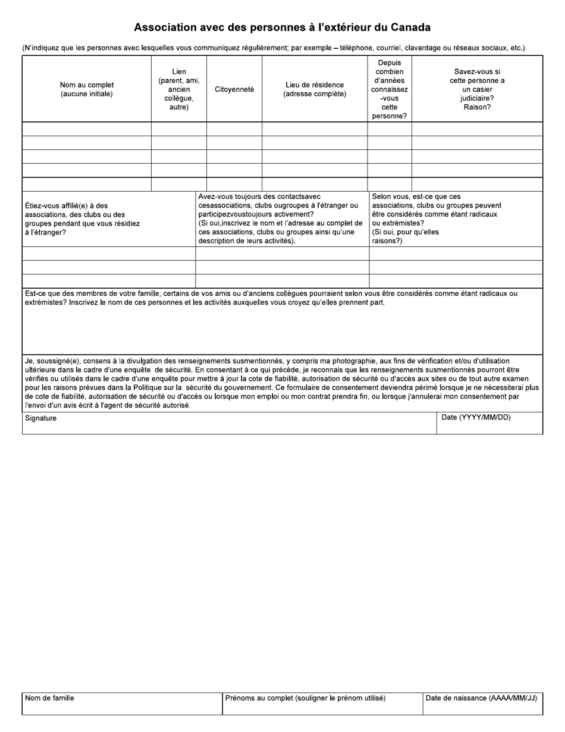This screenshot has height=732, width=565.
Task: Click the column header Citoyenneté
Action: (x=234, y=89)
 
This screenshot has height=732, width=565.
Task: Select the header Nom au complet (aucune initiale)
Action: (x=87, y=89)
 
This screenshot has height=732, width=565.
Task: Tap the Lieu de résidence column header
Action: (x=315, y=89)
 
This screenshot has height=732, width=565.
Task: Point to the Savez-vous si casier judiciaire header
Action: (x=477, y=89)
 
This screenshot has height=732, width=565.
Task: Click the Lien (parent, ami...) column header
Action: (x=179, y=89)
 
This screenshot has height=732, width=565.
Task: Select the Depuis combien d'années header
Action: (x=390, y=89)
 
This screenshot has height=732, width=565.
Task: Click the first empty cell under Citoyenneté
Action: (x=234, y=129)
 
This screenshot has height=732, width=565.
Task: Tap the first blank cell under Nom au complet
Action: (x=87, y=129)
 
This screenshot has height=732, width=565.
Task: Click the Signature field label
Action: (x=41, y=418)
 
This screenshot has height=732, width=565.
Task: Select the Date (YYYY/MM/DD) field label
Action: (x=476, y=418)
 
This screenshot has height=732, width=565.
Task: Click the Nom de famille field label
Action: (x=49, y=698)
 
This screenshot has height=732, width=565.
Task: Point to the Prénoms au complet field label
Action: (x=305, y=698)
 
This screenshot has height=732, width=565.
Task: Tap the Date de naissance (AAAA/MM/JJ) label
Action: (x=481, y=698)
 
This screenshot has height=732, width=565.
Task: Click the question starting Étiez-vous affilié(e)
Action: (x=83, y=219)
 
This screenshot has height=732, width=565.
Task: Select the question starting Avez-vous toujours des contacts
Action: (x=280, y=219)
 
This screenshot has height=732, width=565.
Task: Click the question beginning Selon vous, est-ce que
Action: (x=437, y=219)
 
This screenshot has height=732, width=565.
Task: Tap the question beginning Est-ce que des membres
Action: (x=271, y=298)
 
